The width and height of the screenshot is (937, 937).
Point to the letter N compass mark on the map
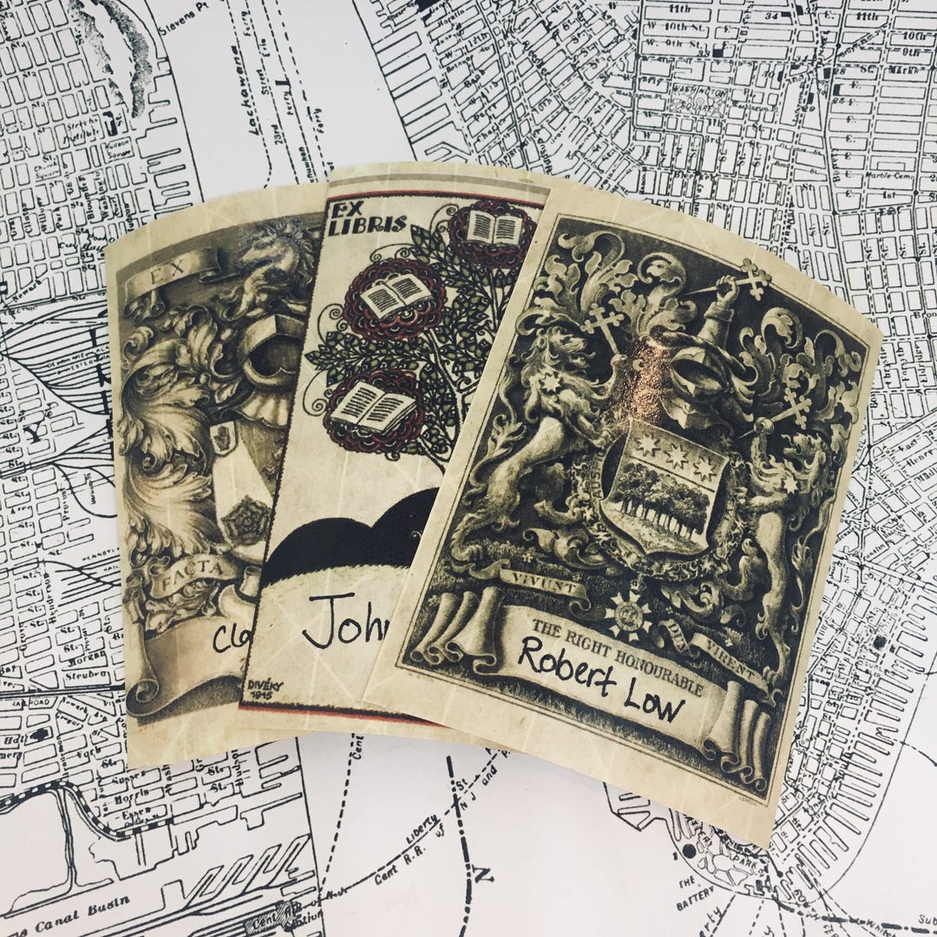(487, 871)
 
